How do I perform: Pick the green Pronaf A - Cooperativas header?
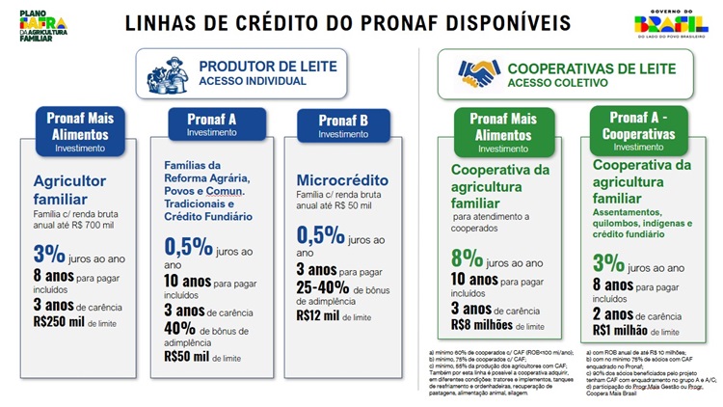click(631, 132)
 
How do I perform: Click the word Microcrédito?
click(342, 181)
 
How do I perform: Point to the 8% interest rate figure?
click(468, 258)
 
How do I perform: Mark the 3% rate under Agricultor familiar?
click(49, 255)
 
